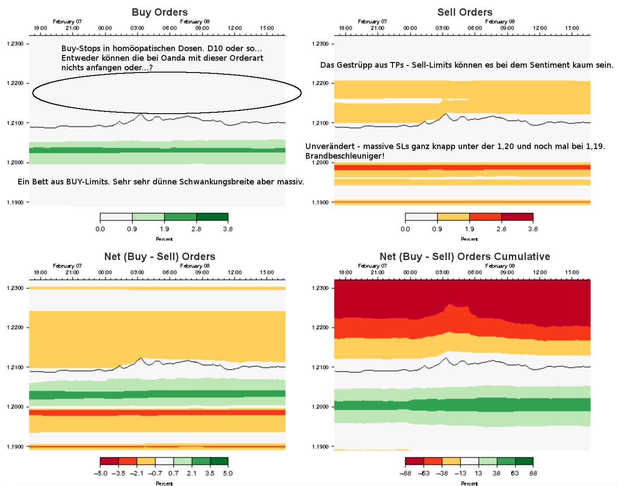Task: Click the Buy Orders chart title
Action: coord(160,12)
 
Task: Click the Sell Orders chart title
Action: coord(465,12)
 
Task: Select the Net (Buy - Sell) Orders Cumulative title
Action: coord(465,257)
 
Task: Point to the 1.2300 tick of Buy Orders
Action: coord(15,44)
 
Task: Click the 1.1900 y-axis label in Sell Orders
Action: coord(320,202)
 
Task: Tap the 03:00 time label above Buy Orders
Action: coord(137,28)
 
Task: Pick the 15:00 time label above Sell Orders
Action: coord(572,28)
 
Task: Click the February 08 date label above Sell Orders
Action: coord(500,21)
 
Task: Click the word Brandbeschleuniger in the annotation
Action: coord(344,156)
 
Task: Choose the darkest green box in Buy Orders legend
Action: coord(212,217)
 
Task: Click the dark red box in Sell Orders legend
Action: coord(517,217)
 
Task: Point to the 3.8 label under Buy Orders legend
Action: coord(228,229)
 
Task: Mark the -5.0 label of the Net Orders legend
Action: coord(101,473)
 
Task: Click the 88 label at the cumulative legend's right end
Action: coord(533,473)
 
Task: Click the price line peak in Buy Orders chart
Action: coord(141,114)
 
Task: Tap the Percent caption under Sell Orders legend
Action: coord(469,239)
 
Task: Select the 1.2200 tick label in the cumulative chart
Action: coord(320,327)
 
